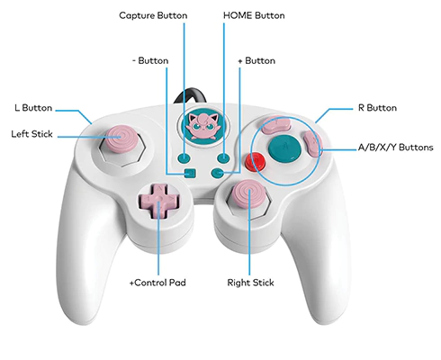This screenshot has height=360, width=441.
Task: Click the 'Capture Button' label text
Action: (x=153, y=15)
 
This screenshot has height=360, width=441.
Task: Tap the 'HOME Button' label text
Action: (x=254, y=15)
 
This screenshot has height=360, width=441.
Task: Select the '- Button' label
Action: (x=150, y=61)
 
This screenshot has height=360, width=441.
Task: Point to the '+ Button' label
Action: (x=256, y=61)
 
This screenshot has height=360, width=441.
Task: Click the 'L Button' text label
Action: (x=33, y=108)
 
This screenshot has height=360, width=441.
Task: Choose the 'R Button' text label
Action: (x=377, y=108)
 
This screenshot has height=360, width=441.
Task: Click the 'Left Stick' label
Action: (x=31, y=134)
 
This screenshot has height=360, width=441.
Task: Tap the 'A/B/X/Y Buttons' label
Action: (x=396, y=148)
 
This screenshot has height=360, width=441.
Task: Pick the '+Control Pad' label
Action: (x=157, y=283)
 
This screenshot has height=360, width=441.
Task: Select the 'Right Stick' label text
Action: (x=250, y=283)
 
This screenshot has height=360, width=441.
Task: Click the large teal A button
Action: (x=284, y=147)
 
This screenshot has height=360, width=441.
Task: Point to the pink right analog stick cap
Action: (x=249, y=193)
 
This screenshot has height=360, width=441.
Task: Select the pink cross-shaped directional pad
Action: (x=158, y=201)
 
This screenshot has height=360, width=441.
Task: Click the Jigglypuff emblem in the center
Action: (x=203, y=125)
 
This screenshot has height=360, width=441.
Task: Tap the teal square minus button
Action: (x=190, y=173)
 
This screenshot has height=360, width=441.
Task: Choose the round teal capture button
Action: (x=184, y=157)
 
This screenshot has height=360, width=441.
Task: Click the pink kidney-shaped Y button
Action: (x=275, y=124)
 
